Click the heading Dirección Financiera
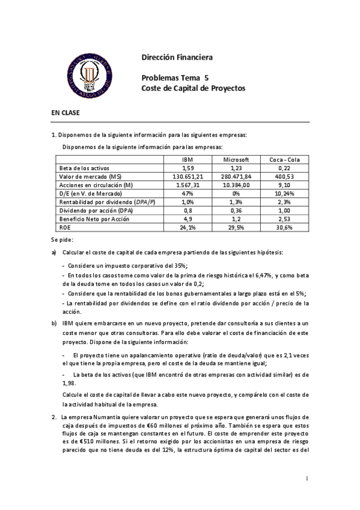177,58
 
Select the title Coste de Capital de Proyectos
193,88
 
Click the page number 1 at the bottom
306,478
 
